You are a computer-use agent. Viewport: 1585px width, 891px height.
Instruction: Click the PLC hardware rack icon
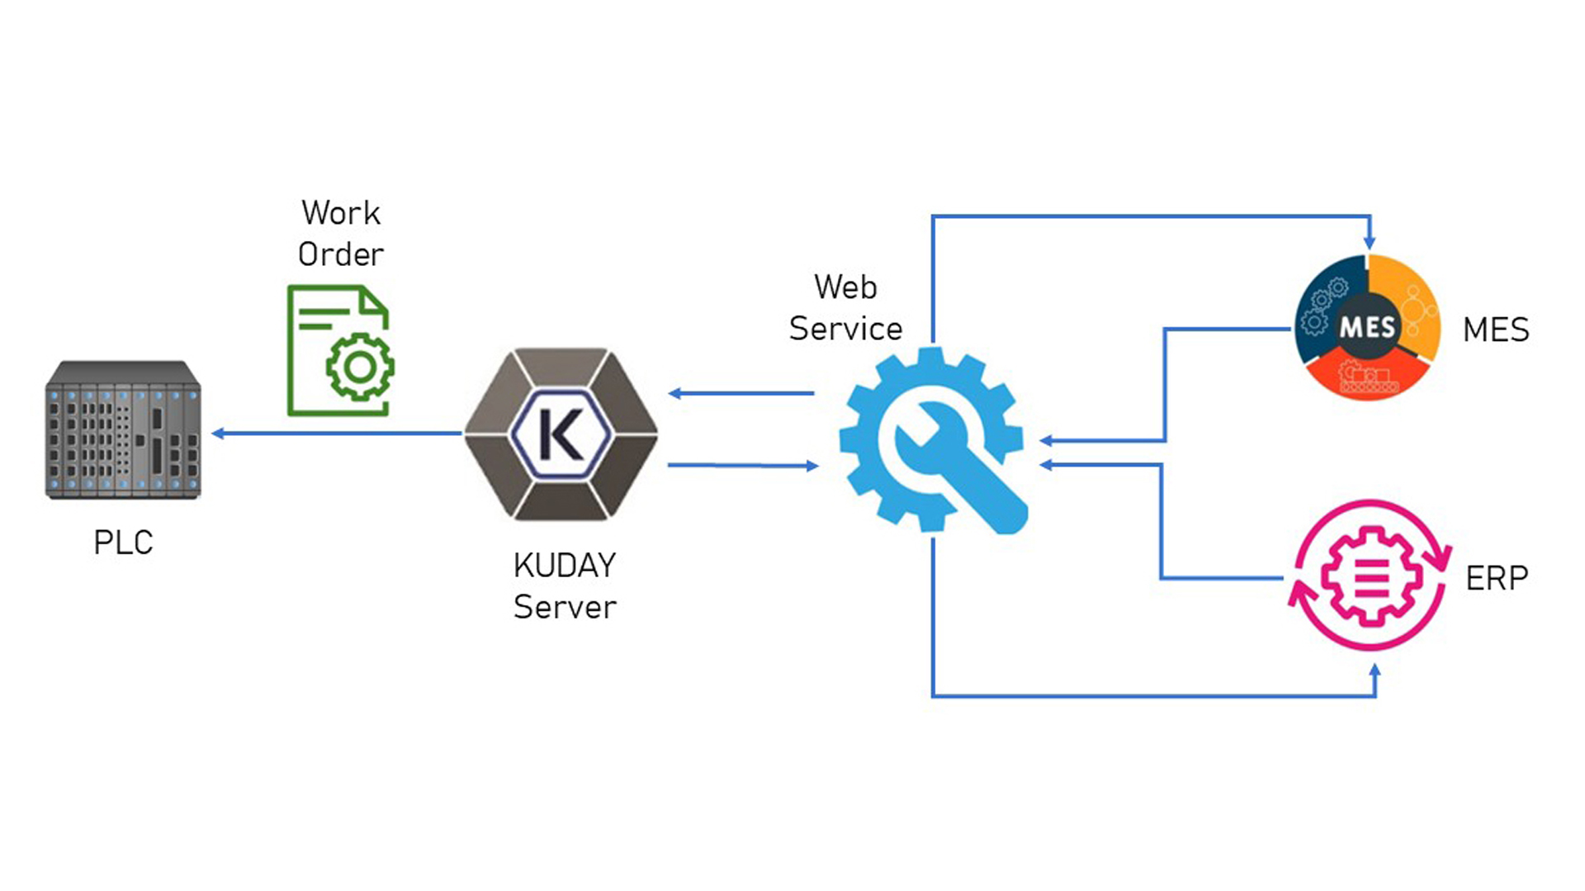(x=123, y=429)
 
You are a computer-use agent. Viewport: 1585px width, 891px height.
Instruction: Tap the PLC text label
(x=123, y=543)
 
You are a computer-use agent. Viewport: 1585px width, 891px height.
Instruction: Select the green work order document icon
(x=339, y=350)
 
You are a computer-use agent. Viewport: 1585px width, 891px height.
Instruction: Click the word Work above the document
(x=341, y=213)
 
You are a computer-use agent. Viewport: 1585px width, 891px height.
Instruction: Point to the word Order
(x=341, y=254)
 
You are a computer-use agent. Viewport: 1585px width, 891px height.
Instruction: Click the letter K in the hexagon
(x=561, y=434)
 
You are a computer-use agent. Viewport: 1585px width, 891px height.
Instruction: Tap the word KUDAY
(x=565, y=566)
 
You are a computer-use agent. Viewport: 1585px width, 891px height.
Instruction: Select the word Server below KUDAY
(x=565, y=608)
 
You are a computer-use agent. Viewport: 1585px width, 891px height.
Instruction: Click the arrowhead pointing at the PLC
(x=218, y=433)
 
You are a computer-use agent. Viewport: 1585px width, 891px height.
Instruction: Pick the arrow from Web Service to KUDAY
(x=740, y=393)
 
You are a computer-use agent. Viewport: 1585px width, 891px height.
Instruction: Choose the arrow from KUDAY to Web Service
(x=742, y=466)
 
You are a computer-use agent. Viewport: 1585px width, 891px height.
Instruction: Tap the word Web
(x=845, y=287)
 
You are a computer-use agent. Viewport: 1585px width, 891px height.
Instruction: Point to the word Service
(x=845, y=329)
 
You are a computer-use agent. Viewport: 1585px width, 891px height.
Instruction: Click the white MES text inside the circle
(x=1367, y=328)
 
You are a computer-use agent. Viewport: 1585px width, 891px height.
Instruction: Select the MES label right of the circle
(x=1496, y=330)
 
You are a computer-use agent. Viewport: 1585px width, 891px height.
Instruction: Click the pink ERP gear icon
(x=1370, y=575)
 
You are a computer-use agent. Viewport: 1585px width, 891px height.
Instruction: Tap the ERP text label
(x=1497, y=578)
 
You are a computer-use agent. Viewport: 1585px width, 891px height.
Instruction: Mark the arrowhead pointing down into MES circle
(x=1370, y=243)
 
